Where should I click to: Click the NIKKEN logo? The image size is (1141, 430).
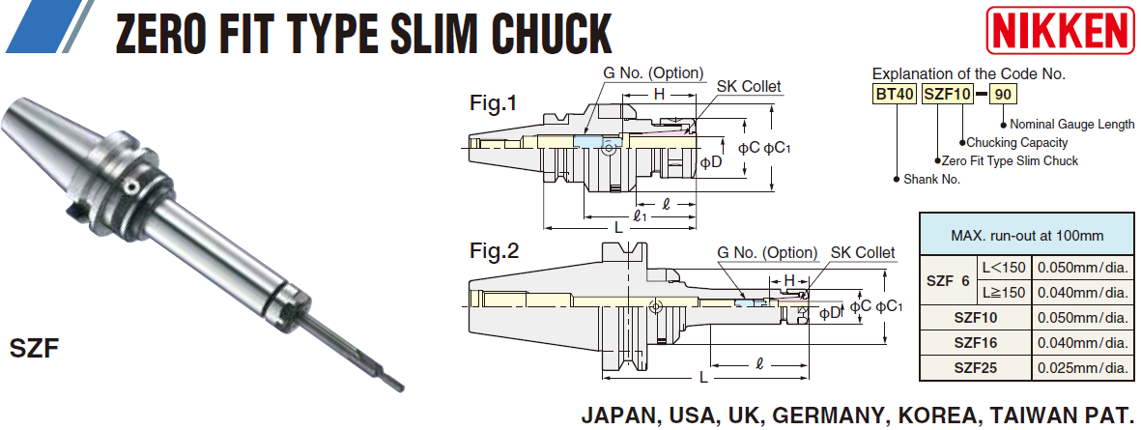1060,30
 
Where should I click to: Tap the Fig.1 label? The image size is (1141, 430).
494,102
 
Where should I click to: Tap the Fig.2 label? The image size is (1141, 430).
495,252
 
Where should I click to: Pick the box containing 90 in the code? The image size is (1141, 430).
1005,95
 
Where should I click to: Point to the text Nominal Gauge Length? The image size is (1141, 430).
1072,124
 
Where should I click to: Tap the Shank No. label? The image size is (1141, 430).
932,179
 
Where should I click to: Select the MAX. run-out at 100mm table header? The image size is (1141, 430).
1027,235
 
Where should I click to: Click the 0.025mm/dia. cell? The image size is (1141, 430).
1082,367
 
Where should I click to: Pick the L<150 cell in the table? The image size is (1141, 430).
1004,267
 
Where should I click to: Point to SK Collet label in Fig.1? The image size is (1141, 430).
749,87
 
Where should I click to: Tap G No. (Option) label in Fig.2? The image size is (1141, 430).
767,253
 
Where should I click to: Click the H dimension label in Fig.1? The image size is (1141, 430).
659,94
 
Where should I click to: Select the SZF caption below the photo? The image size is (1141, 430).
35,346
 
